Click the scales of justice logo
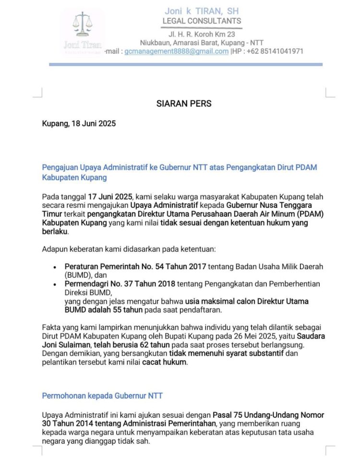82,27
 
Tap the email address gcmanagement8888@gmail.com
176,51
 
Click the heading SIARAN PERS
184,104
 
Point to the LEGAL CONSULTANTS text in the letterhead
202,21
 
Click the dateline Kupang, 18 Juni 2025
79,123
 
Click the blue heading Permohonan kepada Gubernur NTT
102,396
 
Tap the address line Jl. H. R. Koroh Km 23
202,34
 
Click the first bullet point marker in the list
55,267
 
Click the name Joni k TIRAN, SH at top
202,11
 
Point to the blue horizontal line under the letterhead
185,64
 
